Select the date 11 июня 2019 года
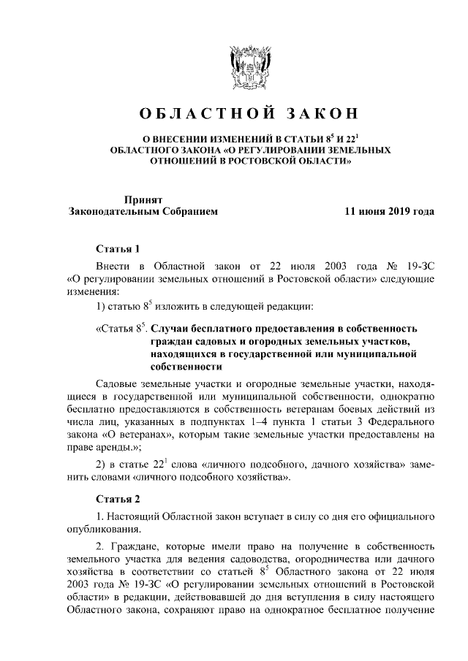(x=390, y=212)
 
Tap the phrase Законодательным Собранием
(x=143, y=212)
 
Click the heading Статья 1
(x=117, y=248)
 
